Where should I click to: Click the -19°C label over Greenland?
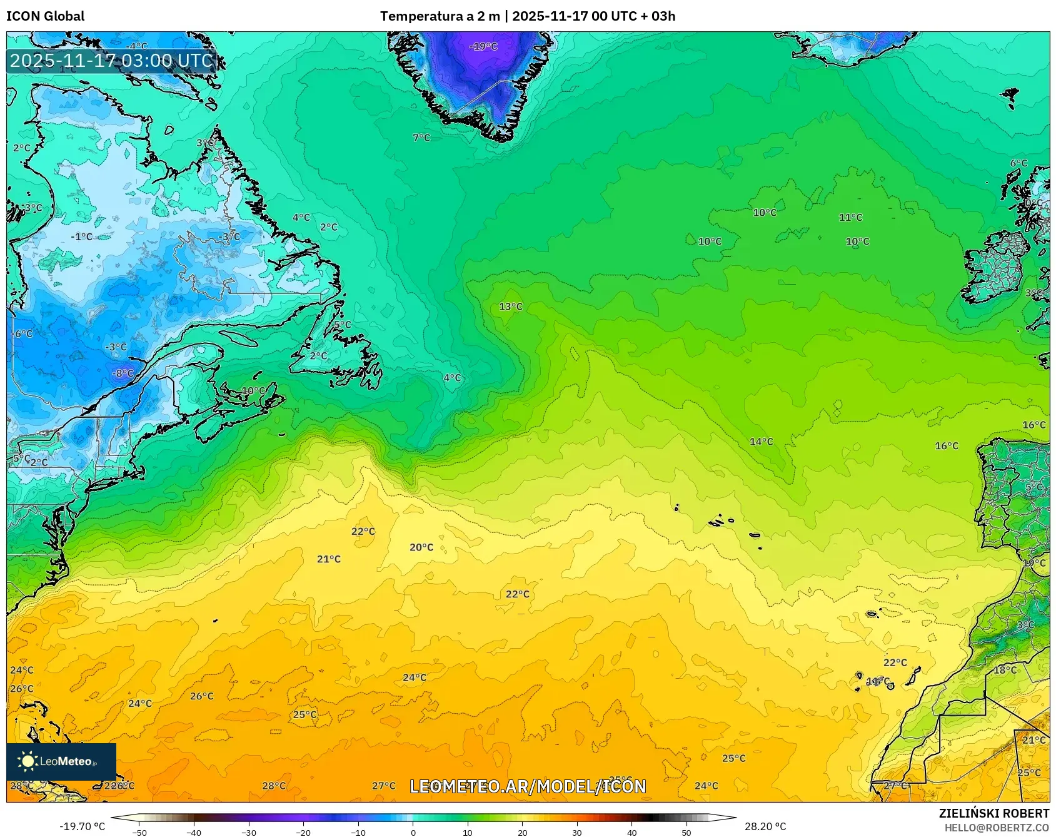click(x=483, y=46)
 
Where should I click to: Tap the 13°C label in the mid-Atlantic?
click(x=511, y=307)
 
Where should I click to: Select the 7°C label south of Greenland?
click(x=421, y=138)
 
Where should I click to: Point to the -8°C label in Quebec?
click(x=123, y=373)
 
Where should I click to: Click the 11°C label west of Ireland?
click(x=850, y=218)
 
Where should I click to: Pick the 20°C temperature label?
click(x=421, y=547)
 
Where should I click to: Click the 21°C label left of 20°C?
click(x=329, y=559)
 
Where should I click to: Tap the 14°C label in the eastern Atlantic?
click(x=761, y=442)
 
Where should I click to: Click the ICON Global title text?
click(x=45, y=16)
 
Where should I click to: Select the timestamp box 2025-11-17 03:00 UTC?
click(x=111, y=61)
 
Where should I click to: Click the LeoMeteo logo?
click(x=61, y=761)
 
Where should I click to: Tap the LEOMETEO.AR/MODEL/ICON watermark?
click(x=528, y=786)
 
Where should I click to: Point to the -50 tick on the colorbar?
click(x=139, y=832)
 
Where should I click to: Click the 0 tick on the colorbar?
click(x=413, y=832)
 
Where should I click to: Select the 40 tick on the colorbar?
click(x=631, y=832)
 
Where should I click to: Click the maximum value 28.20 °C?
click(x=765, y=826)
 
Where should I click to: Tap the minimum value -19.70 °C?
click(x=82, y=826)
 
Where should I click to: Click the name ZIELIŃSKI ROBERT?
click(x=993, y=813)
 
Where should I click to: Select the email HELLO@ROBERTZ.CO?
click(x=996, y=828)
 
